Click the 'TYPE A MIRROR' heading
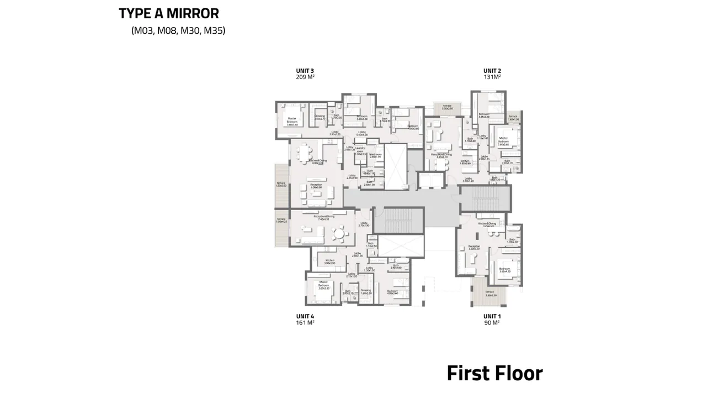coord(169,13)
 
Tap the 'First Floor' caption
coord(494,373)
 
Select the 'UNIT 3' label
coord(305,71)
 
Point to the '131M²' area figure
coord(492,77)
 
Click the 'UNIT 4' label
coord(305,317)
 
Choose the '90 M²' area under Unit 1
coord(491,323)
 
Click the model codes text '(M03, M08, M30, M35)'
coord(178,31)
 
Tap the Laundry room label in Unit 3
coord(361,151)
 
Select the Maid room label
coord(376,155)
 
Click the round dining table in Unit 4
coord(340,237)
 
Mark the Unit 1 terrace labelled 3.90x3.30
coord(491,294)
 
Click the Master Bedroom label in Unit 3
coord(291,122)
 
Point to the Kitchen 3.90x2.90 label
coord(330,261)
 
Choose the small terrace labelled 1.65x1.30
coord(513,118)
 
